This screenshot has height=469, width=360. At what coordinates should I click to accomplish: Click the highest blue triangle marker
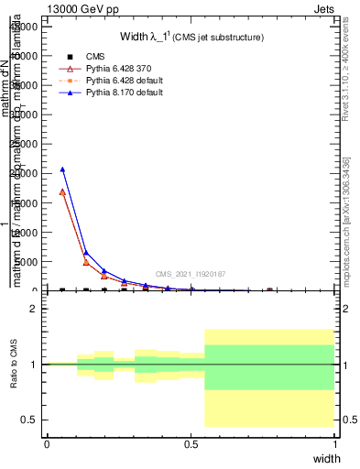pos(62,169)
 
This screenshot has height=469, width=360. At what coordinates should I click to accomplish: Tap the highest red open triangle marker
pos(62,191)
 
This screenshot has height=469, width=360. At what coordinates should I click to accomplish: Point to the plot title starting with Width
pos(191,38)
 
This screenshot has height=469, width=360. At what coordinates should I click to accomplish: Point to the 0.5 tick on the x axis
pos(191,443)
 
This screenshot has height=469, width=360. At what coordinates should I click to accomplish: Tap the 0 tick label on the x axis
pos(47,443)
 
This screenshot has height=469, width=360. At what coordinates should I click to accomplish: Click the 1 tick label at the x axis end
pos(335,443)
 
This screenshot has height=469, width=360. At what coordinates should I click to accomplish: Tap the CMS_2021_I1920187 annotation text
pos(191,274)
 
